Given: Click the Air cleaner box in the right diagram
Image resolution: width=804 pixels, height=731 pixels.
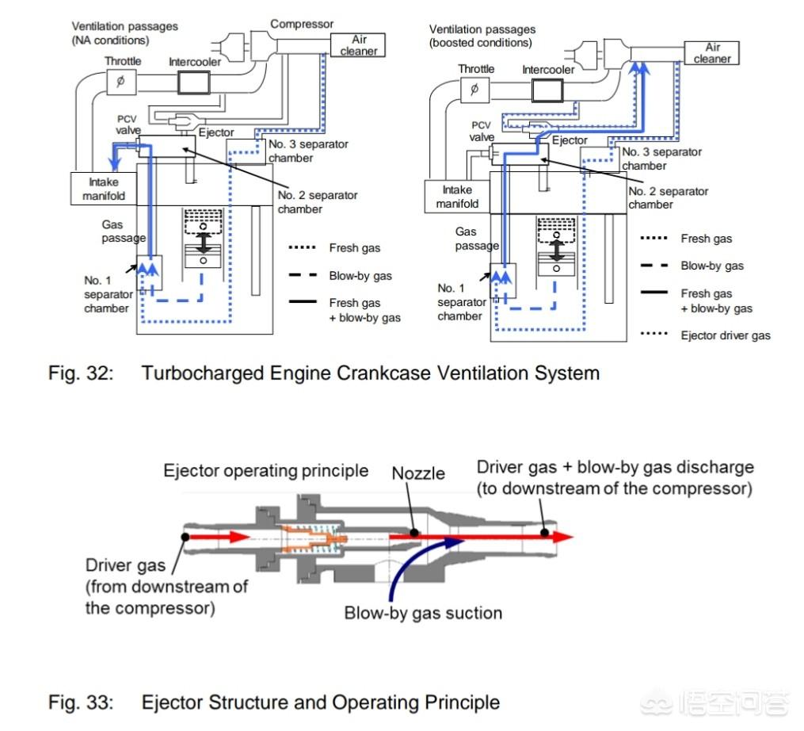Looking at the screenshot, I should pyautogui.click(x=712, y=53).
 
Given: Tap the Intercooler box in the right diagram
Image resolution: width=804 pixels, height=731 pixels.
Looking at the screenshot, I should pyautogui.click(x=547, y=90).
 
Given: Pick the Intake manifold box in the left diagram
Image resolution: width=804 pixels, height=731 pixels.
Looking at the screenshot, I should pyautogui.click(x=103, y=189).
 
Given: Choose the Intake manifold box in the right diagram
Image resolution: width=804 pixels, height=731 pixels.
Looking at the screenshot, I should pyautogui.click(x=457, y=197).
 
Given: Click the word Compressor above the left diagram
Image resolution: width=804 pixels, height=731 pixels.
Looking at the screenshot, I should pyautogui.click(x=302, y=24).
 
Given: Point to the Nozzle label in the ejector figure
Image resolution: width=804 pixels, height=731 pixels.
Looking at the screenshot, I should pyautogui.click(x=418, y=473).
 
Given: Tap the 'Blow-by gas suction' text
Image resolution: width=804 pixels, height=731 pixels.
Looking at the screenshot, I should pyautogui.click(x=423, y=613).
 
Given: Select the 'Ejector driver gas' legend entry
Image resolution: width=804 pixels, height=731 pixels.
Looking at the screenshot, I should pyautogui.click(x=725, y=335).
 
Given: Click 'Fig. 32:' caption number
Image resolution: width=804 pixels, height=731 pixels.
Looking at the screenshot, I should pyautogui.click(x=81, y=373).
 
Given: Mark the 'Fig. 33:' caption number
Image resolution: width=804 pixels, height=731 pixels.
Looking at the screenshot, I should pyautogui.click(x=81, y=702).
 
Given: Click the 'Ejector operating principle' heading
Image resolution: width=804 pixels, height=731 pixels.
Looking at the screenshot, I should pyautogui.click(x=265, y=471).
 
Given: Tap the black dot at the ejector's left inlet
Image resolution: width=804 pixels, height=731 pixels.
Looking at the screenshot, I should pyautogui.click(x=185, y=536).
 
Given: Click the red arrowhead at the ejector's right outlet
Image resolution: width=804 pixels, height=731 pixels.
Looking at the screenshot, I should pyautogui.click(x=562, y=536).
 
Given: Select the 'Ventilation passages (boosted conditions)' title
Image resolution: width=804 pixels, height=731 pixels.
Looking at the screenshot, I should pyautogui.click(x=483, y=36).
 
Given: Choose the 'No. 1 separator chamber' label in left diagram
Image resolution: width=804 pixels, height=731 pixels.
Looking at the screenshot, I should pyautogui.click(x=106, y=294).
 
